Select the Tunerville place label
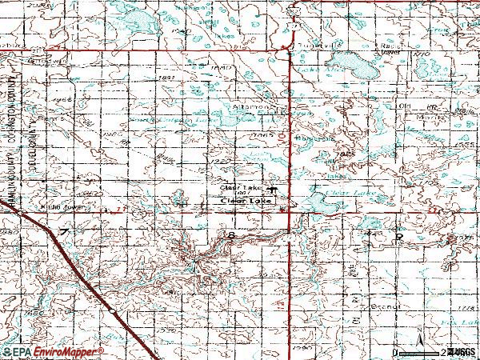(x=316, y=46)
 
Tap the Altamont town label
(x=250, y=106)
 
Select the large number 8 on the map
(x=231, y=236)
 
